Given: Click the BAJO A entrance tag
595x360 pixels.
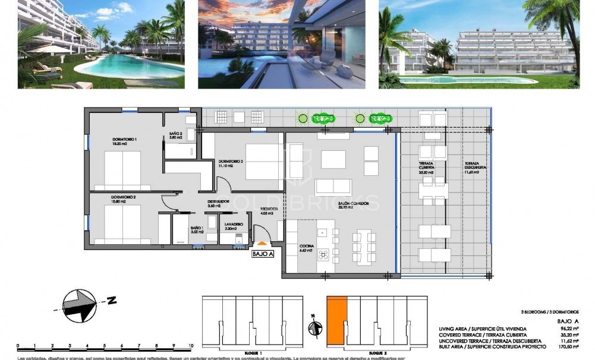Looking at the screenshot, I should [263, 254].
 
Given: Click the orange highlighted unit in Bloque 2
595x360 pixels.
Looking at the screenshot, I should [336, 320].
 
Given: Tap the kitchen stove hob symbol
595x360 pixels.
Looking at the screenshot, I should [324, 255].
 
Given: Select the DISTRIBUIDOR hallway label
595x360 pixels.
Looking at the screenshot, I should [219, 201].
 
